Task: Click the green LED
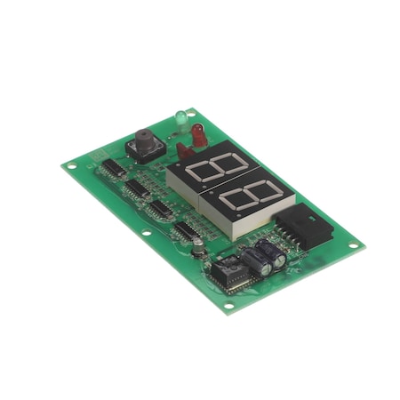pyautogui.click(x=180, y=116)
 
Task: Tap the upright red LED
pyautogui.click(x=199, y=134)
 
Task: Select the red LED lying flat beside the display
pyautogui.click(x=184, y=150)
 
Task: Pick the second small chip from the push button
pyautogui.click(x=138, y=188)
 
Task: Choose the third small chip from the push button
pyautogui.click(x=161, y=210)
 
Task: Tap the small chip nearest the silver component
pyautogui.click(x=186, y=232)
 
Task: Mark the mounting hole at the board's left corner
pyautogui.click(x=73, y=166)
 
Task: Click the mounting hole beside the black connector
pyautogui.click(x=353, y=245)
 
